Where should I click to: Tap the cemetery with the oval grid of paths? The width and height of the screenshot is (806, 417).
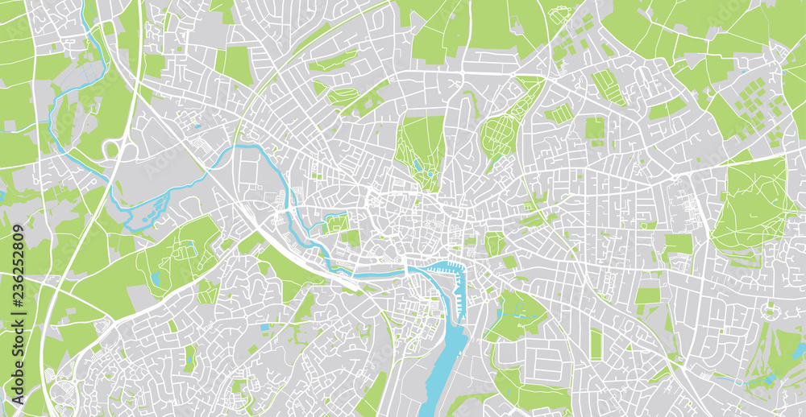[x=504, y=129]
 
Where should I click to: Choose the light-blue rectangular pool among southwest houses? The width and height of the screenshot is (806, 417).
[x=265, y=328]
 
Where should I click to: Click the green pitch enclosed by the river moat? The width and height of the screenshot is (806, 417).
[x=337, y=222]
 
